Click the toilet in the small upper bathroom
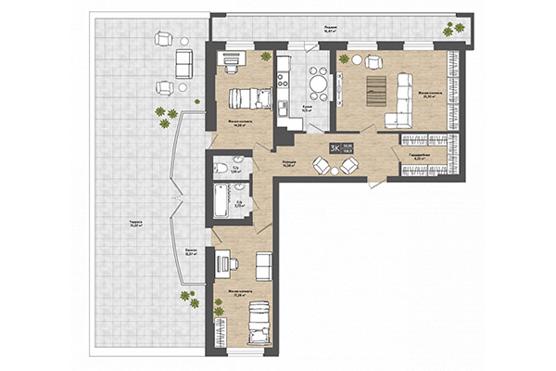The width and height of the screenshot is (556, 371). pos(220,168)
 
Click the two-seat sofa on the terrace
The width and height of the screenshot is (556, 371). pos(183,63)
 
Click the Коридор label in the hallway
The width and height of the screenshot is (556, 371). pos(289,163)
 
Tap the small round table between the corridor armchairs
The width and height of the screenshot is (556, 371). pos(336,167)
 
